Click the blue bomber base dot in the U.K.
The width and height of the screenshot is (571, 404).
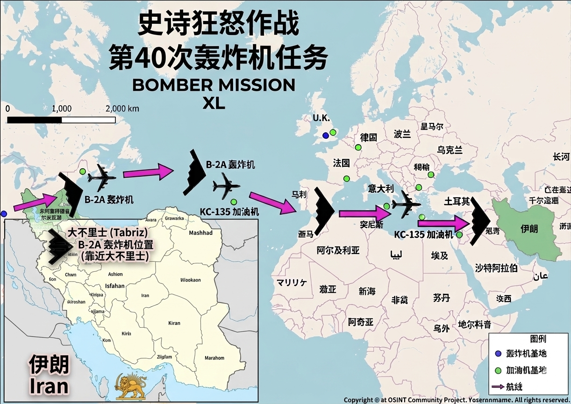point(325,136)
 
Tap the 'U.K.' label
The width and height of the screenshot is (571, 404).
point(321,118)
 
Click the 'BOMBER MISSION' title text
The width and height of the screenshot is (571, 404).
point(214,85)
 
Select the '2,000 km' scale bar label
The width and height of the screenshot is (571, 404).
point(122,108)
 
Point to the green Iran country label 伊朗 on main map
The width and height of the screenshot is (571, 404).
point(529,229)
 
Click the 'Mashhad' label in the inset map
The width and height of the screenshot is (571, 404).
point(200,233)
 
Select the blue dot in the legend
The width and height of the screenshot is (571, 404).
point(498,353)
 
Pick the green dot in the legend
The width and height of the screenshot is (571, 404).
point(498,370)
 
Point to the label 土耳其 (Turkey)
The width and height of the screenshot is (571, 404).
point(457,202)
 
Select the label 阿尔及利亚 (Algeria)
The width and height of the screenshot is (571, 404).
point(338,250)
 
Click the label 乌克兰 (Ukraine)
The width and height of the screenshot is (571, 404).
point(450,150)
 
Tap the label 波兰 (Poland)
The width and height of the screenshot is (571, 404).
point(402,134)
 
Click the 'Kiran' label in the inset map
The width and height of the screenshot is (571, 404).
point(174,323)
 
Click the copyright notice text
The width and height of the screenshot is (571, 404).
point(457,400)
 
